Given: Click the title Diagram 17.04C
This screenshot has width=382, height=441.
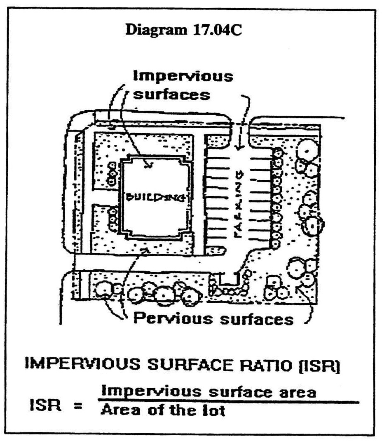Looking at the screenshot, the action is tap(183, 31).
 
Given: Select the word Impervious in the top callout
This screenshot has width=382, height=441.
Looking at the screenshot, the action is tap(183, 77).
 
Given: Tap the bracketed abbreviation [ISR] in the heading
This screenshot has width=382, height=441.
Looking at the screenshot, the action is tap(322, 366).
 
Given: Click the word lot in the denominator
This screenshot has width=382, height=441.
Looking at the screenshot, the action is tap(215, 411).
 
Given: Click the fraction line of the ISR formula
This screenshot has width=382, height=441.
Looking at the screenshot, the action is tap(227, 401).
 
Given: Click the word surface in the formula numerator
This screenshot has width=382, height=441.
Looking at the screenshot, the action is tap(233, 391).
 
